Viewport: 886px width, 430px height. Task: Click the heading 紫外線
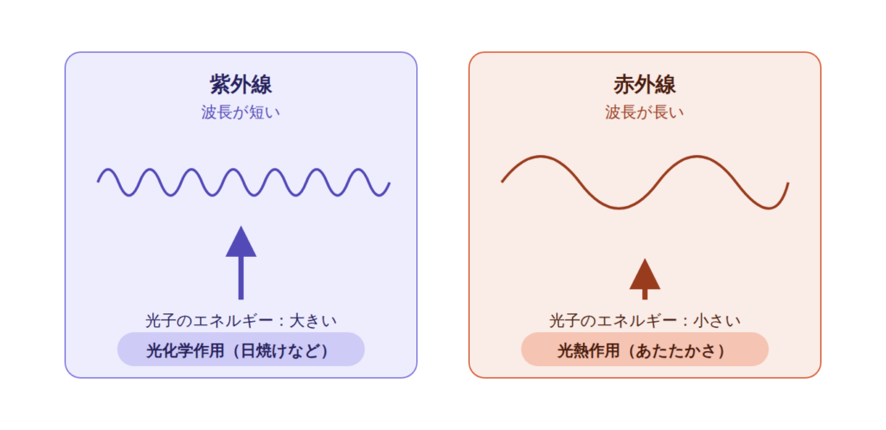pos(241,86)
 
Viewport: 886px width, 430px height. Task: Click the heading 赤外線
pos(645,86)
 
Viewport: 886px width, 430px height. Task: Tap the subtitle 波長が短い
pos(241,112)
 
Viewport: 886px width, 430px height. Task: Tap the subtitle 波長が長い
pos(645,112)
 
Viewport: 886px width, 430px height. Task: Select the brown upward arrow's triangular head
pos(645,274)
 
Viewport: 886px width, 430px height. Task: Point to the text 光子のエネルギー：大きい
pos(241,321)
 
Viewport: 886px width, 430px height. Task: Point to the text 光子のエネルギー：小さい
pos(645,321)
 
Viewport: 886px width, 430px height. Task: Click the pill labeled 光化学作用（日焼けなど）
pos(241,350)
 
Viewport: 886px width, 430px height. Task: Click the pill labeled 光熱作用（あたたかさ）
pos(645,350)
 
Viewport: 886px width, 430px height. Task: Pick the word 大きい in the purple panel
pos(313,321)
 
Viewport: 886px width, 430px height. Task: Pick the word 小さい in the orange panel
pos(717,321)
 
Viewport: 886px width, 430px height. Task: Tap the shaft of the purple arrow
pos(241,278)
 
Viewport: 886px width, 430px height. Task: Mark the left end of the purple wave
pos(99,182)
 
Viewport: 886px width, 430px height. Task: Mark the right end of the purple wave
pos(389,183)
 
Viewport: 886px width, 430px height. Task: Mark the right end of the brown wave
pos(787,183)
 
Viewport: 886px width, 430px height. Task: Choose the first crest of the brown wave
pos(542,157)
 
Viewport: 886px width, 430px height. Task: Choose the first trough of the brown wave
pos(620,208)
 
